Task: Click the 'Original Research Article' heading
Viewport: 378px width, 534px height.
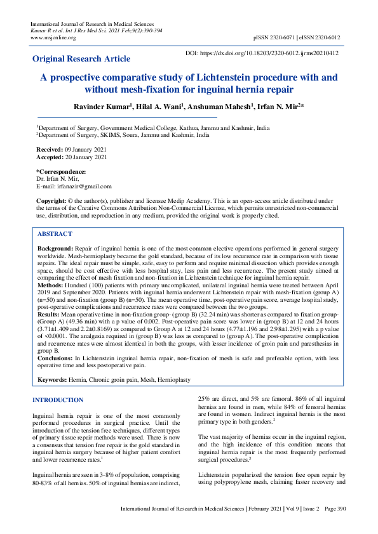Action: click(81, 59)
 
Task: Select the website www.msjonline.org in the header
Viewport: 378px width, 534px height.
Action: click(53, 37)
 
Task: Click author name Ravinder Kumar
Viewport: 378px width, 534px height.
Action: click(104, 107)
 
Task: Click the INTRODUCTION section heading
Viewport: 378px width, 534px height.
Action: click(58, 400)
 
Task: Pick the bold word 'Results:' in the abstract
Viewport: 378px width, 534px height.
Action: click(50, 313)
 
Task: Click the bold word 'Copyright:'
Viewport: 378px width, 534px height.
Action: click(52, 200)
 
